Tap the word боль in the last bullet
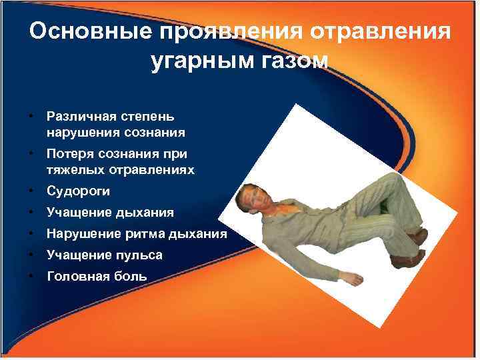click(x=126, y=275)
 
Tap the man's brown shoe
click(x=419, y=236)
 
